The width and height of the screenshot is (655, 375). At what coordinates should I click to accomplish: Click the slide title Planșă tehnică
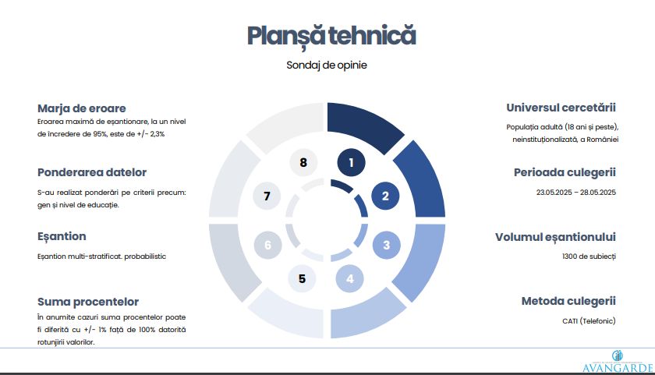click(x=331, y=37)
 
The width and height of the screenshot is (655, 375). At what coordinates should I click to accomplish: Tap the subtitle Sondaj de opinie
click(x=327, y=65)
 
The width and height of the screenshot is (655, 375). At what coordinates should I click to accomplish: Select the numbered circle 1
click(x=352, y=162)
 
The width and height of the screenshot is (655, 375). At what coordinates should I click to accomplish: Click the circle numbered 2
click(x=385, y=196)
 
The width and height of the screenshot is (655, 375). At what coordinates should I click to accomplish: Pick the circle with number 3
click(x=387, y=245)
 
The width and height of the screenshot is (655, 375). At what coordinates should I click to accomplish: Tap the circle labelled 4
click(x=349, y=278)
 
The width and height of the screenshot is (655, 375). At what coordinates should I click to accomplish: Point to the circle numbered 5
click(x=302, y=278)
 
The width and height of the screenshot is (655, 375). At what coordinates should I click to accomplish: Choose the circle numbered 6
click(x=267, y=245)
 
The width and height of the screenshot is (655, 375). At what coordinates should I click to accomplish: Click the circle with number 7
click(x=267, y=196)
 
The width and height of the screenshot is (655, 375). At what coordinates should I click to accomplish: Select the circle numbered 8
click(x=303, y=162)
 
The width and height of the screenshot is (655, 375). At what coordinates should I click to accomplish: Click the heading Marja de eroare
click(x=81, y=108)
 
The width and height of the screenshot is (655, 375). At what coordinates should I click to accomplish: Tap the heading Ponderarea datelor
click(x=92, y=172)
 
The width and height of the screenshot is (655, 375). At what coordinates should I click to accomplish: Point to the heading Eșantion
click(x=62, y=237)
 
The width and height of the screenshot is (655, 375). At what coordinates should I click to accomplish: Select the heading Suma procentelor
click(x=88, y=302)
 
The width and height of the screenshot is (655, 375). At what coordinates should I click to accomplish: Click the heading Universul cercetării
click(x=561, y=108)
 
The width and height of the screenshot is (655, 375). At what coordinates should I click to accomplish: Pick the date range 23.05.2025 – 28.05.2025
click(x=576, y=193)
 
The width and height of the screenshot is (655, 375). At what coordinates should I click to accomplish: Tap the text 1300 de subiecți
click(x=589, y=256)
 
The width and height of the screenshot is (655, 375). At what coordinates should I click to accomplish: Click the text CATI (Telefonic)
click(x=589, y=321)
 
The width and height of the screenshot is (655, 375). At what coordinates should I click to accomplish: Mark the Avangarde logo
click(x=618, y=362)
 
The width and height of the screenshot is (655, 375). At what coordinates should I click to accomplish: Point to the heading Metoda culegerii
click(x=568, y=301)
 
